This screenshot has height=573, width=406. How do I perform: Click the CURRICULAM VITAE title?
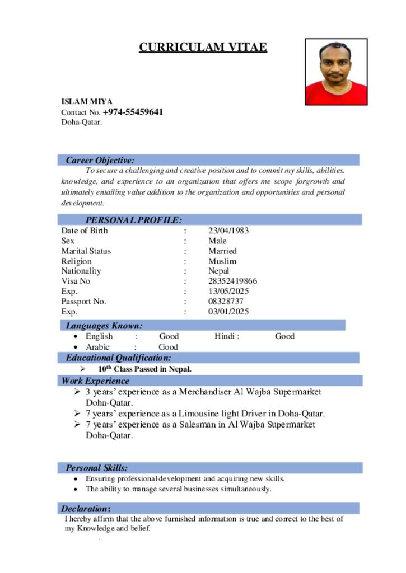pos(203,48)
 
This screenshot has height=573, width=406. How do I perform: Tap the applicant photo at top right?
pos(336,72)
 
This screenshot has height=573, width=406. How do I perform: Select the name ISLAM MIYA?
pos(87,101)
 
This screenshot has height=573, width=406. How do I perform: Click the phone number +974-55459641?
pos(133,112)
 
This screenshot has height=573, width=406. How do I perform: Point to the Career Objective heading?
pos(100,161)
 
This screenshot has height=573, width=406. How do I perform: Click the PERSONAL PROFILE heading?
pos(133,220)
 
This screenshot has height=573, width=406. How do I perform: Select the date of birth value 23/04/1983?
pos(228,231)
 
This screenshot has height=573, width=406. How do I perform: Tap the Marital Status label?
pos(86,251)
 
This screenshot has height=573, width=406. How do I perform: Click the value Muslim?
pos(222,261)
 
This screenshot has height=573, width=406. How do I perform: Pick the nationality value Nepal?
pos(218,271)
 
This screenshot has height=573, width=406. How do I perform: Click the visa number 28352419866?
pos(232,281)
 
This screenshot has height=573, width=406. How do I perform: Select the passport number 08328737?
pos(226,301)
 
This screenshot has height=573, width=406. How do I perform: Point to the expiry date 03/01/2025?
pos(228,312)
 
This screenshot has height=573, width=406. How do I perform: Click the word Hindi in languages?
pos(225,336)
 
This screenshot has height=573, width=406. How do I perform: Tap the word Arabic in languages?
pos(97,347)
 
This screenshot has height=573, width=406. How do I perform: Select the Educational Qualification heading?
pos(118,358)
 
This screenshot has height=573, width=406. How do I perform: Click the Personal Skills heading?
pos(96,468)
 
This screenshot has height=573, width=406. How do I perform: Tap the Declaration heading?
pos(86,509)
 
